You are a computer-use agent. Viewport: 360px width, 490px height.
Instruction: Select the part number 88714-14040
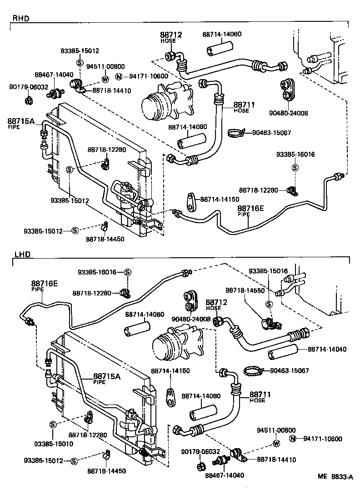pos(327,349)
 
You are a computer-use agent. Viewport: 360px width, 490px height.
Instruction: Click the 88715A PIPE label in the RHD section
pos(21,123)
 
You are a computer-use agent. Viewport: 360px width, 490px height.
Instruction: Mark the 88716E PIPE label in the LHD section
pos(45,285)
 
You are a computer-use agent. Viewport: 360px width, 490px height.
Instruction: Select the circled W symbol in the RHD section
pos(105,78)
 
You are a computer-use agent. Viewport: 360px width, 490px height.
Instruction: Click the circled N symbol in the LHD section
pos(293,439)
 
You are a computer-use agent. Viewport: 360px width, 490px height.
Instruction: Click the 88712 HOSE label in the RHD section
pos(170,37)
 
